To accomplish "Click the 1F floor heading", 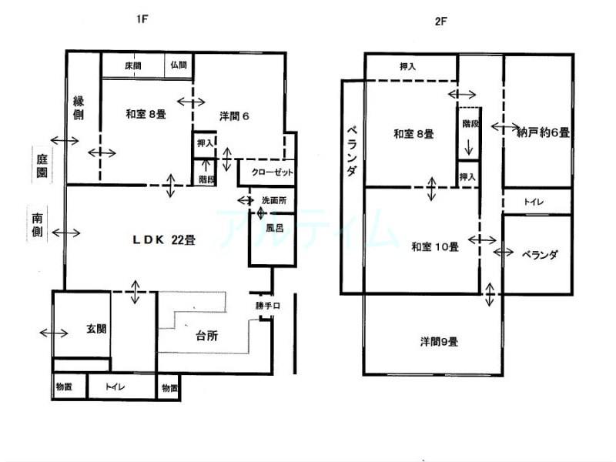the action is coord(142,18).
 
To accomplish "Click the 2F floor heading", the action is coord(440,22).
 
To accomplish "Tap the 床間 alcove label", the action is coord(133,65).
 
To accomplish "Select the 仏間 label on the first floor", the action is coord(179,65).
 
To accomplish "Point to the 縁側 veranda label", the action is coord(79,108).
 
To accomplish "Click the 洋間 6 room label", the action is coord(234,116).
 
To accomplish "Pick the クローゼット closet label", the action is coord(273,172).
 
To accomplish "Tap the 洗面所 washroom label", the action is coord(274,200).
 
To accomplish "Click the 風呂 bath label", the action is coord(275,228).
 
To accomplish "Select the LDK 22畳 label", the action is coord(164,239).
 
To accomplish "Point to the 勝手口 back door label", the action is coord(268,305).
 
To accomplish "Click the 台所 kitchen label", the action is coord(206,336).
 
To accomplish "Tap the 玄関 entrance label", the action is coord(96,329).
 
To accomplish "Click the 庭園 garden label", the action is coord(42,166).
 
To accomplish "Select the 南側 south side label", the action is coord(37,225).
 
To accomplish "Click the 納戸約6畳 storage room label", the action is coord(543,132).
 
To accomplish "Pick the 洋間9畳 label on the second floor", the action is coord(439,342).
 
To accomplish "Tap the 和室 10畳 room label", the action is coord(435,246).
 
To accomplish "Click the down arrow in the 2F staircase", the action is coord(468,147).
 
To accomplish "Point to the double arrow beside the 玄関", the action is coord(54,333).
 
